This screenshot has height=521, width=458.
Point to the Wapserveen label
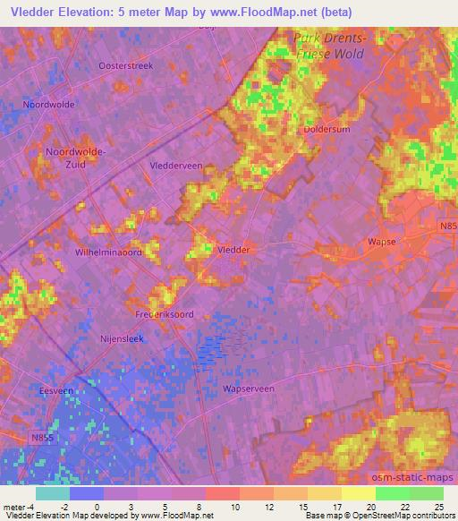[249, 389]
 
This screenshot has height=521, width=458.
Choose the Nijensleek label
[122, 340]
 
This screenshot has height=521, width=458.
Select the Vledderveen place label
[179, 167]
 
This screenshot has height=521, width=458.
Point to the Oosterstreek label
[127, 66]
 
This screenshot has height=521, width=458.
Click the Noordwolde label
[50, 104]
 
